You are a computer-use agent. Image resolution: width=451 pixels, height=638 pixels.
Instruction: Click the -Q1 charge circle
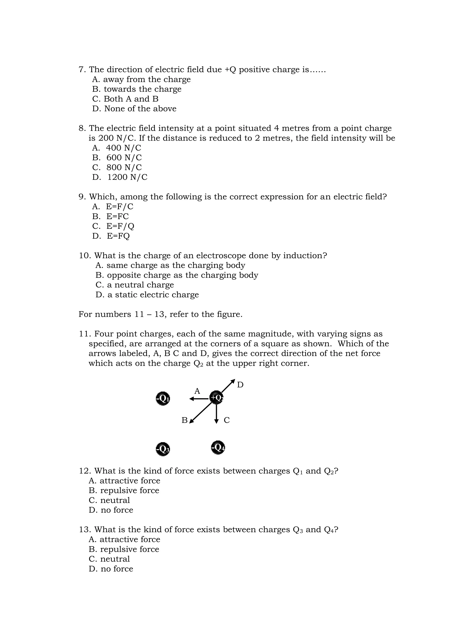[x=163, y=399]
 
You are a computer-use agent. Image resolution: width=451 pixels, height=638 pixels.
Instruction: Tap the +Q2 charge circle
[x=216, y=398]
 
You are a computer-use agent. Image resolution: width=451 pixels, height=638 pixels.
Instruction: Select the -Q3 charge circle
[x=163, y=449]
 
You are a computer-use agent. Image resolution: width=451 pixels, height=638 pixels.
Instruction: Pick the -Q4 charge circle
[x=218, y=447]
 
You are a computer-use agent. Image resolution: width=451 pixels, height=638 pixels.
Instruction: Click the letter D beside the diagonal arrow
[x=240, y=385]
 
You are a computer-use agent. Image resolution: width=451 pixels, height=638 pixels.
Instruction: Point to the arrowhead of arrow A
[x=191, y=399]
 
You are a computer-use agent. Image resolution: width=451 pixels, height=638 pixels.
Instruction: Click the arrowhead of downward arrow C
[x=216, y=422]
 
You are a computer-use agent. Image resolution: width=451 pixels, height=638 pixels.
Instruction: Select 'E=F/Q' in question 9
[x=120, y=226]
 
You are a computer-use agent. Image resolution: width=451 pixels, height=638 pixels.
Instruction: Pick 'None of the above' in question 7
[x=140, y=109]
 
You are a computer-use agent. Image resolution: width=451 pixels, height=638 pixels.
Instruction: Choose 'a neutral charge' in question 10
[x=140, y=285]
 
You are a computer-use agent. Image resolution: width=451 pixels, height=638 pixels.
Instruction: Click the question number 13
[x=85, y=530]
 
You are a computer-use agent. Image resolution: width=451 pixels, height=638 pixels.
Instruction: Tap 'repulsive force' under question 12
[x=129, y=490]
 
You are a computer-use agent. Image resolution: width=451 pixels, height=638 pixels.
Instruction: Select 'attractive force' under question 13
[x=130, y=539]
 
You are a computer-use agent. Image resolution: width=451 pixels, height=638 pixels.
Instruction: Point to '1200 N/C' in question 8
[x=127, y=177]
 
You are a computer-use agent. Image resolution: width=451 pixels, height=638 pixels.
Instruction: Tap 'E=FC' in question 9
[x=117, y=216]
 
